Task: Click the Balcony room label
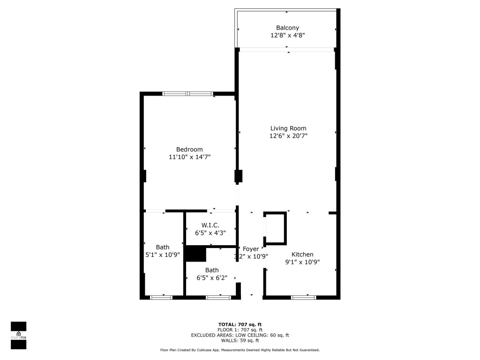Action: [x=287, y=28]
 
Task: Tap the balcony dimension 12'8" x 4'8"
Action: [x=287, y=35]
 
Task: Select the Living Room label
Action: [x=288, y=128]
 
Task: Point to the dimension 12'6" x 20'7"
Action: [x=288, y=136]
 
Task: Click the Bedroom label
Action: [x=189, y=150]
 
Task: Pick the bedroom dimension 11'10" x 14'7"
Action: [x=189, y=157]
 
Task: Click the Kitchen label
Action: [x=302, y=254]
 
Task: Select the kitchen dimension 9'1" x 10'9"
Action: [x=302, y=262]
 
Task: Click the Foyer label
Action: [x=251, y=249]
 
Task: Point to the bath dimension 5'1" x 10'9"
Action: [x=163, y=255]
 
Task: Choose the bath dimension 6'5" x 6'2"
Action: [x=212, y=278]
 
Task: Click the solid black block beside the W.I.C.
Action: [x=196, y=255]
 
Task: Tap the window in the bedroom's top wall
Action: [x=187, y=94]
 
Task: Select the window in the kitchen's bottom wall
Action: [x=303, y=297]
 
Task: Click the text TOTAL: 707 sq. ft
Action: [x=240, y=324]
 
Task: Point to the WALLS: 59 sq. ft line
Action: [x=240, y=341]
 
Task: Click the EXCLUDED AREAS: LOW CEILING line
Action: [x=240, y=335]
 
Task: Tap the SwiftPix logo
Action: [x=18, y=335]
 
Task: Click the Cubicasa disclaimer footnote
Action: [x=240, y=350]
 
